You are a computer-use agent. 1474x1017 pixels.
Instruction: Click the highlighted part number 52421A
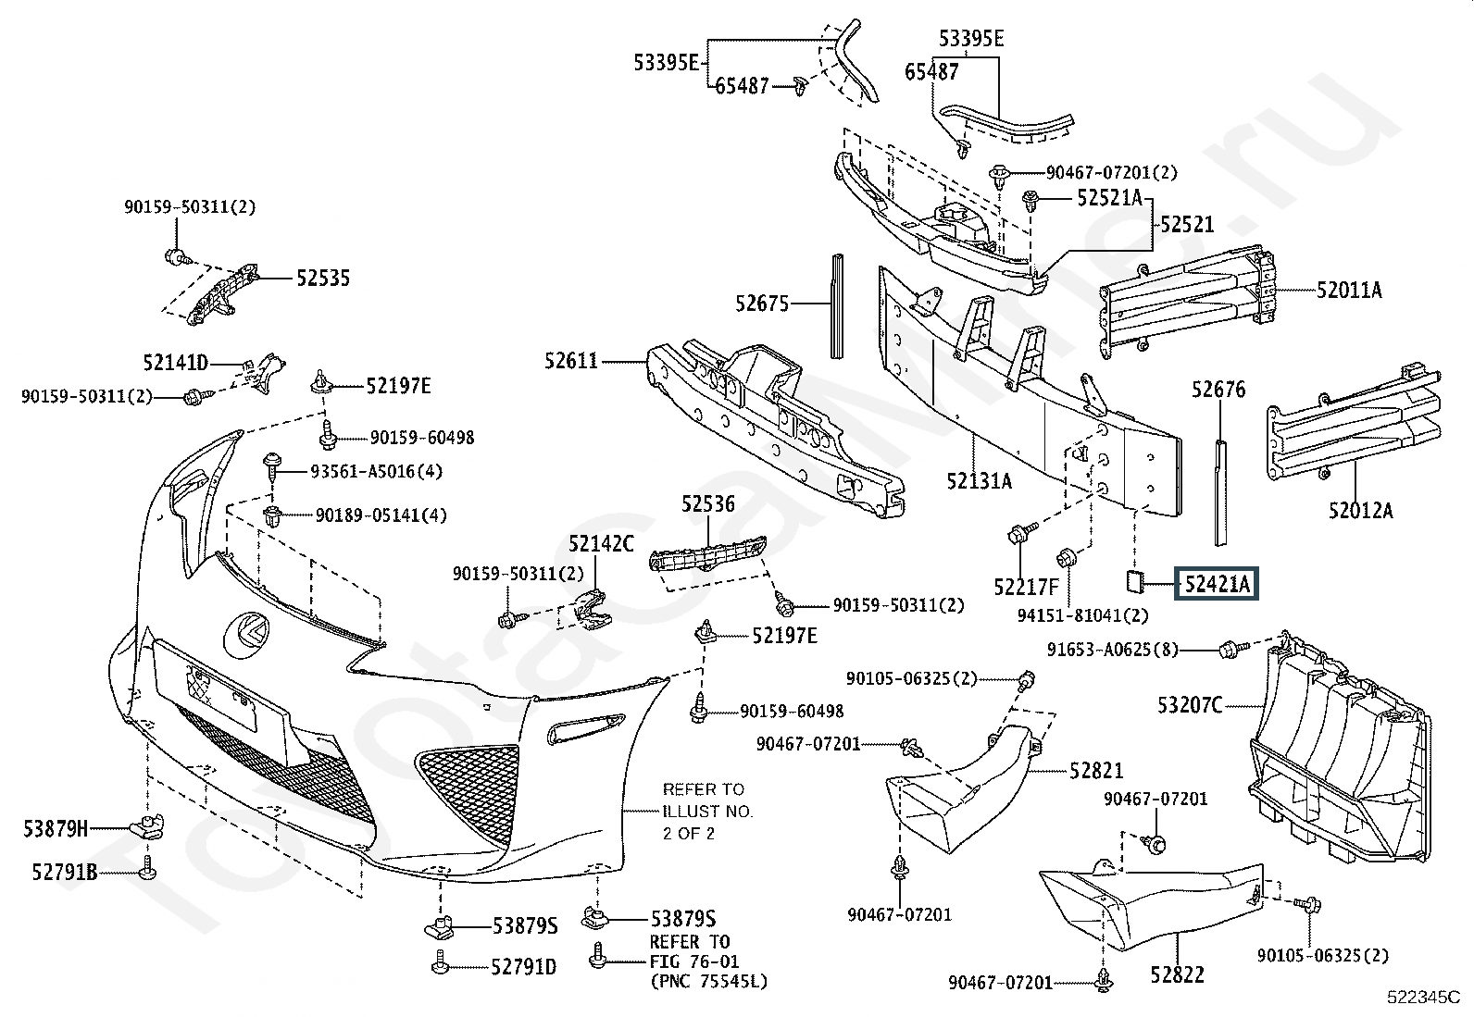tap(1216, 584)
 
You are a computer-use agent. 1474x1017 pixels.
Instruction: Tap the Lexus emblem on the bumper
tap(246, 634)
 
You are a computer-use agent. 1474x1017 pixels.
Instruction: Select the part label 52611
tap(571, 361)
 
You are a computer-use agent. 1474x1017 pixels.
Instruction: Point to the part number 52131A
tap(980, 481)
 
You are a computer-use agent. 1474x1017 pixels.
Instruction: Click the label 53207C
tap(1190, 705)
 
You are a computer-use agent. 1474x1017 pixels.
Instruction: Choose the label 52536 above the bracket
tap(708, 504)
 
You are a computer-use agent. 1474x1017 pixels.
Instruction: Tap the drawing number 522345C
tap(1423, 998)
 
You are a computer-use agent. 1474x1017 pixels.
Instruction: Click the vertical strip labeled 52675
tap(836, 306)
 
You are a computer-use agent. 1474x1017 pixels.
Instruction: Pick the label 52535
tap(323, 279)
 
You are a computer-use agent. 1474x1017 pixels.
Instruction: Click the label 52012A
tap(1361, 510)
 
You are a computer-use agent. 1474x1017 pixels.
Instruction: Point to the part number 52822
tap(1177, 974)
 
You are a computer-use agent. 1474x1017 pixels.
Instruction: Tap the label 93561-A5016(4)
tap(377, 472)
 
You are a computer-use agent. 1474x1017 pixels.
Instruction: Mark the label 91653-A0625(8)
tap(1113, 650)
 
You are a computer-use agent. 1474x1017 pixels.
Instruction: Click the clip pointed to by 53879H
tap(149, 826)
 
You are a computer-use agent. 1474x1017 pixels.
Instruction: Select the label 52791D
tap(524, 966)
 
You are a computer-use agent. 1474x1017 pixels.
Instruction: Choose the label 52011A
tap(1350, 290)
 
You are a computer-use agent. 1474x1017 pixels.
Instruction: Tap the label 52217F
tap(1027, 586)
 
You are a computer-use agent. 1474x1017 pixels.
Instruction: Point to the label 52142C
tap(602, 543)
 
